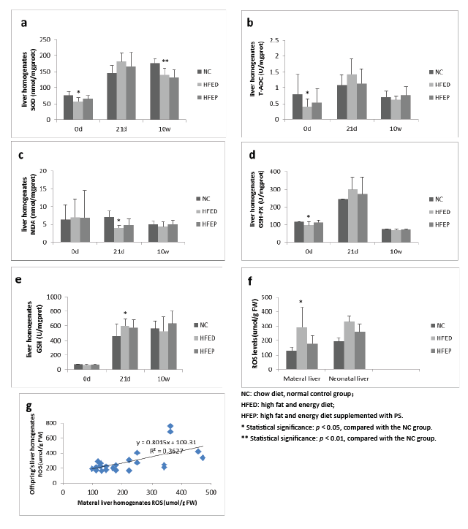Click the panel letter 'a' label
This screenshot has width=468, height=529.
(x=24, y=23)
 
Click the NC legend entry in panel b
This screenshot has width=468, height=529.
(x=436, y=72)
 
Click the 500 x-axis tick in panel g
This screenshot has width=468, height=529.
(x=212, y=494)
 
